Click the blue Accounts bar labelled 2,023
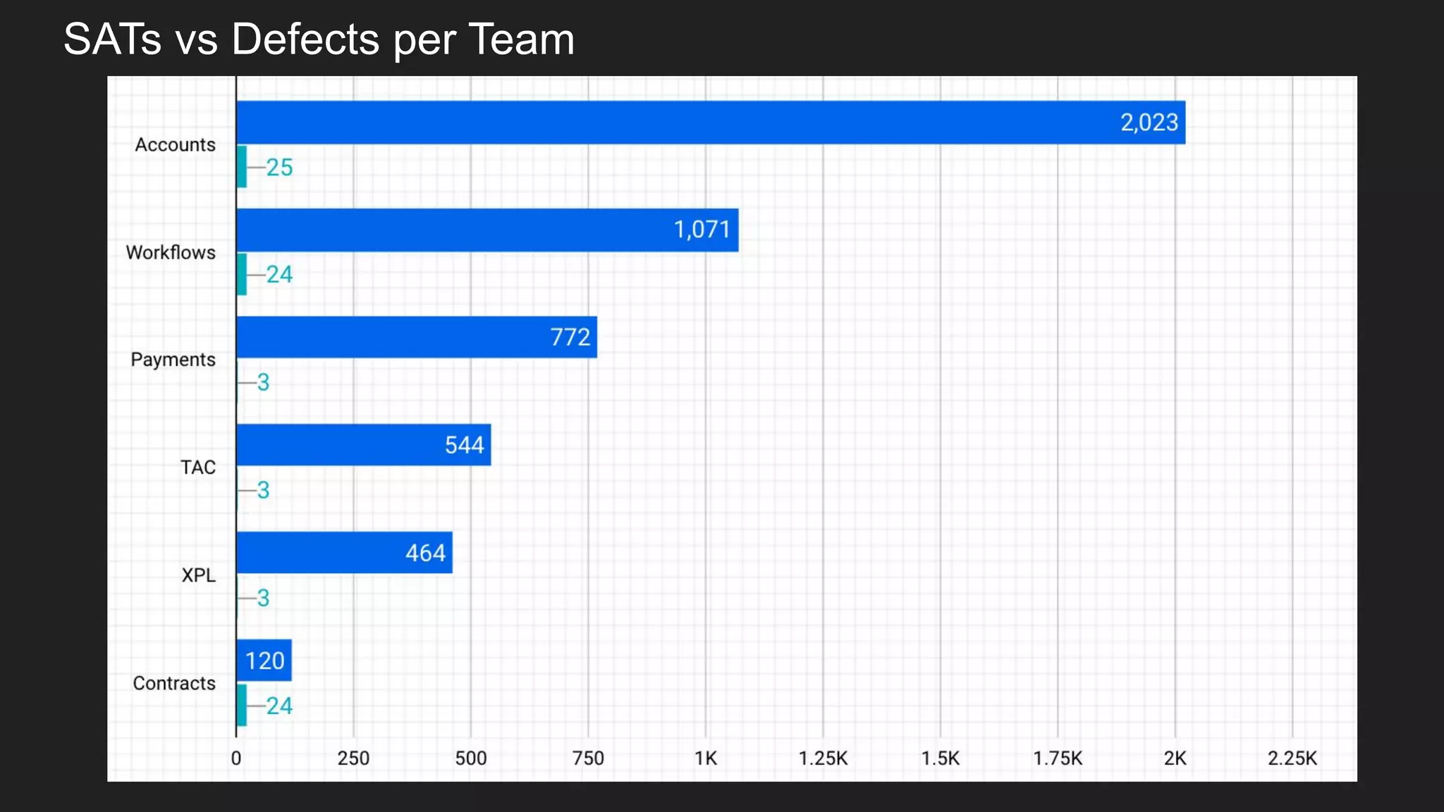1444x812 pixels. [711, 123]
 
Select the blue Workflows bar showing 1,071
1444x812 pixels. [487, 230]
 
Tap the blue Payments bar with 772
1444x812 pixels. [417, 337]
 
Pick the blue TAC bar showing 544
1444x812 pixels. [364, 445]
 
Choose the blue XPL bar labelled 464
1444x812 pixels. [344, 553]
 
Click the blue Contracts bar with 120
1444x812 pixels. [264, 660]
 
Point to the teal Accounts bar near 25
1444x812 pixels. [242, 167]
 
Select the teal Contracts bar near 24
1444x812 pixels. [242, 705]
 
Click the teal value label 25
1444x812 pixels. [279, 168]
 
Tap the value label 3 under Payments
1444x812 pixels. [263, 383]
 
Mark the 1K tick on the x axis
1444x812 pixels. [705, 758]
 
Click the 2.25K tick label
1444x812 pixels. [1292, 758]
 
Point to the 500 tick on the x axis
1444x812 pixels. [470, 758]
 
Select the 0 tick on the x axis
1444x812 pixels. [236, 758]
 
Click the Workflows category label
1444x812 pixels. [171, 252]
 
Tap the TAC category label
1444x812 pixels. [197, 467]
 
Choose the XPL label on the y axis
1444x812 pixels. [198, 575]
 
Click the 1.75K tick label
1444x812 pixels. [1057, 758]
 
